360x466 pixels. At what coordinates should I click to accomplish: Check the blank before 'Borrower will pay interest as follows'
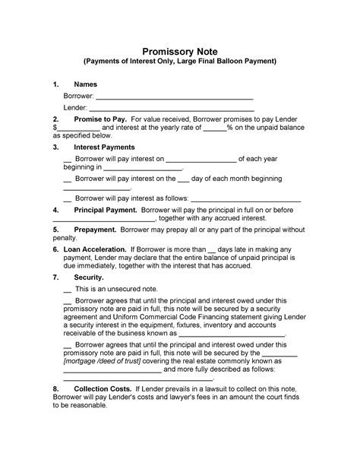[x=68, y=197]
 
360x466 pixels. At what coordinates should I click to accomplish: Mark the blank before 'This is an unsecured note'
[x=68, y=291]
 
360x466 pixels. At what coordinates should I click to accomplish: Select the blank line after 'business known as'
[x=231, y=332]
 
